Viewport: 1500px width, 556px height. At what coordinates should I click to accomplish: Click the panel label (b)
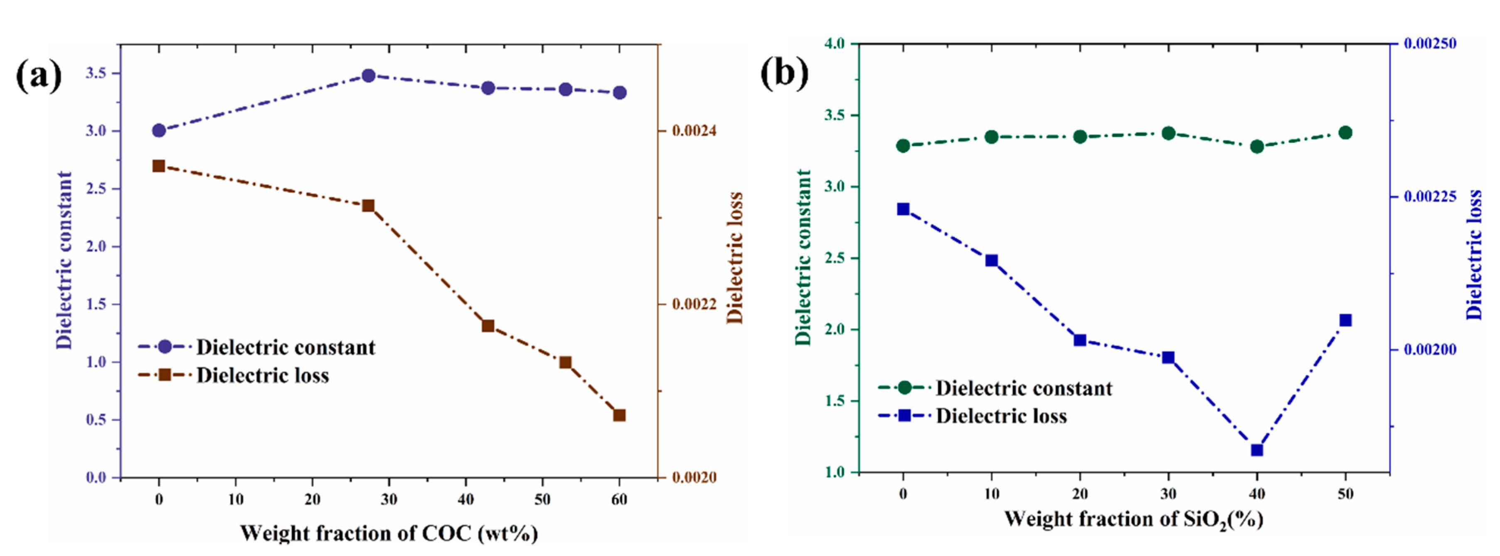(x=784, y=74)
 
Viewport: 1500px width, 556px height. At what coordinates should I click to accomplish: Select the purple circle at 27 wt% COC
(x=368, y=76)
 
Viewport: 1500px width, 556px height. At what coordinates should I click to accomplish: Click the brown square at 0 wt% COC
(x=158, y=166)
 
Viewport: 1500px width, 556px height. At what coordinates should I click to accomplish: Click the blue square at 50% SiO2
(x=1345, y=320)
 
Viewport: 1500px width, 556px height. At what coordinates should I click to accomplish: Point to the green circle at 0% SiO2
(x=903, y=146)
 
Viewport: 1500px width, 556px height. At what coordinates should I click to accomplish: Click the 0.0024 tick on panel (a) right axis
(x=694, y=131)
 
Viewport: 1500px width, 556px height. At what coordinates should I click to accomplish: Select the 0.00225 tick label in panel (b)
(x=1430, y=196)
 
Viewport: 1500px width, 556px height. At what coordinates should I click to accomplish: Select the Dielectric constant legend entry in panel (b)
(x=1023, y=388)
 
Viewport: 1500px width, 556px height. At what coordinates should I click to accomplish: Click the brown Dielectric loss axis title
(x=735, y=258)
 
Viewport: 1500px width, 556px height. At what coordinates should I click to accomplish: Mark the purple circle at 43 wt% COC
(x=488, y=88)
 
